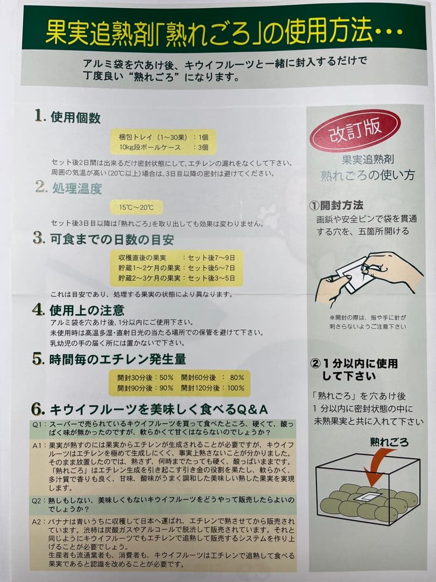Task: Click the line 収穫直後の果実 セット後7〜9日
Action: click(176, 258)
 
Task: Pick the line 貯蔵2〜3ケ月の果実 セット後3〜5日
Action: click(176, 278)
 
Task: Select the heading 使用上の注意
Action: click(87, 310)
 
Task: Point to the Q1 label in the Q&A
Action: click(37, 424)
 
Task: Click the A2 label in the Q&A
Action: click(37, 522)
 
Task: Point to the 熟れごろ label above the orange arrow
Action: click(389, 442)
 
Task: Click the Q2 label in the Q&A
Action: click(37, 500)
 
